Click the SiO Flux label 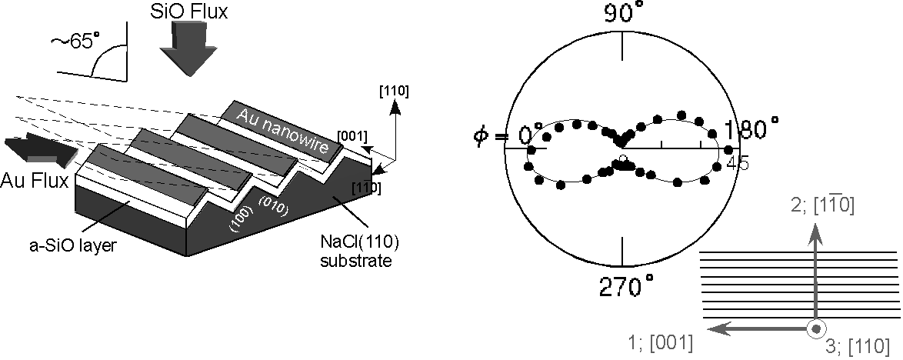[188, 10]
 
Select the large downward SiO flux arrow [185, 49]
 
